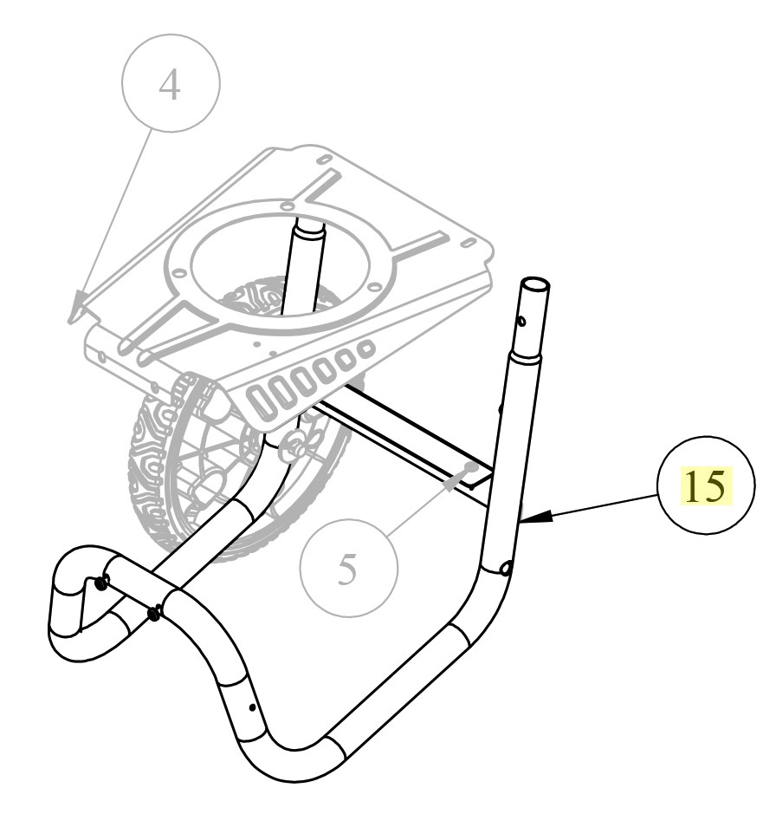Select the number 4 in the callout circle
click(171, 84)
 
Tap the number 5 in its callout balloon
click(347, 570)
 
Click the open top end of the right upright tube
click(535, 286)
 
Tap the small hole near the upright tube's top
click(521, 322)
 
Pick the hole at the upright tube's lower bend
click(506, 569)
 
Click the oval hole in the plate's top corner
click(324, 160)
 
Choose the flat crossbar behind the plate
click(407, 442)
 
